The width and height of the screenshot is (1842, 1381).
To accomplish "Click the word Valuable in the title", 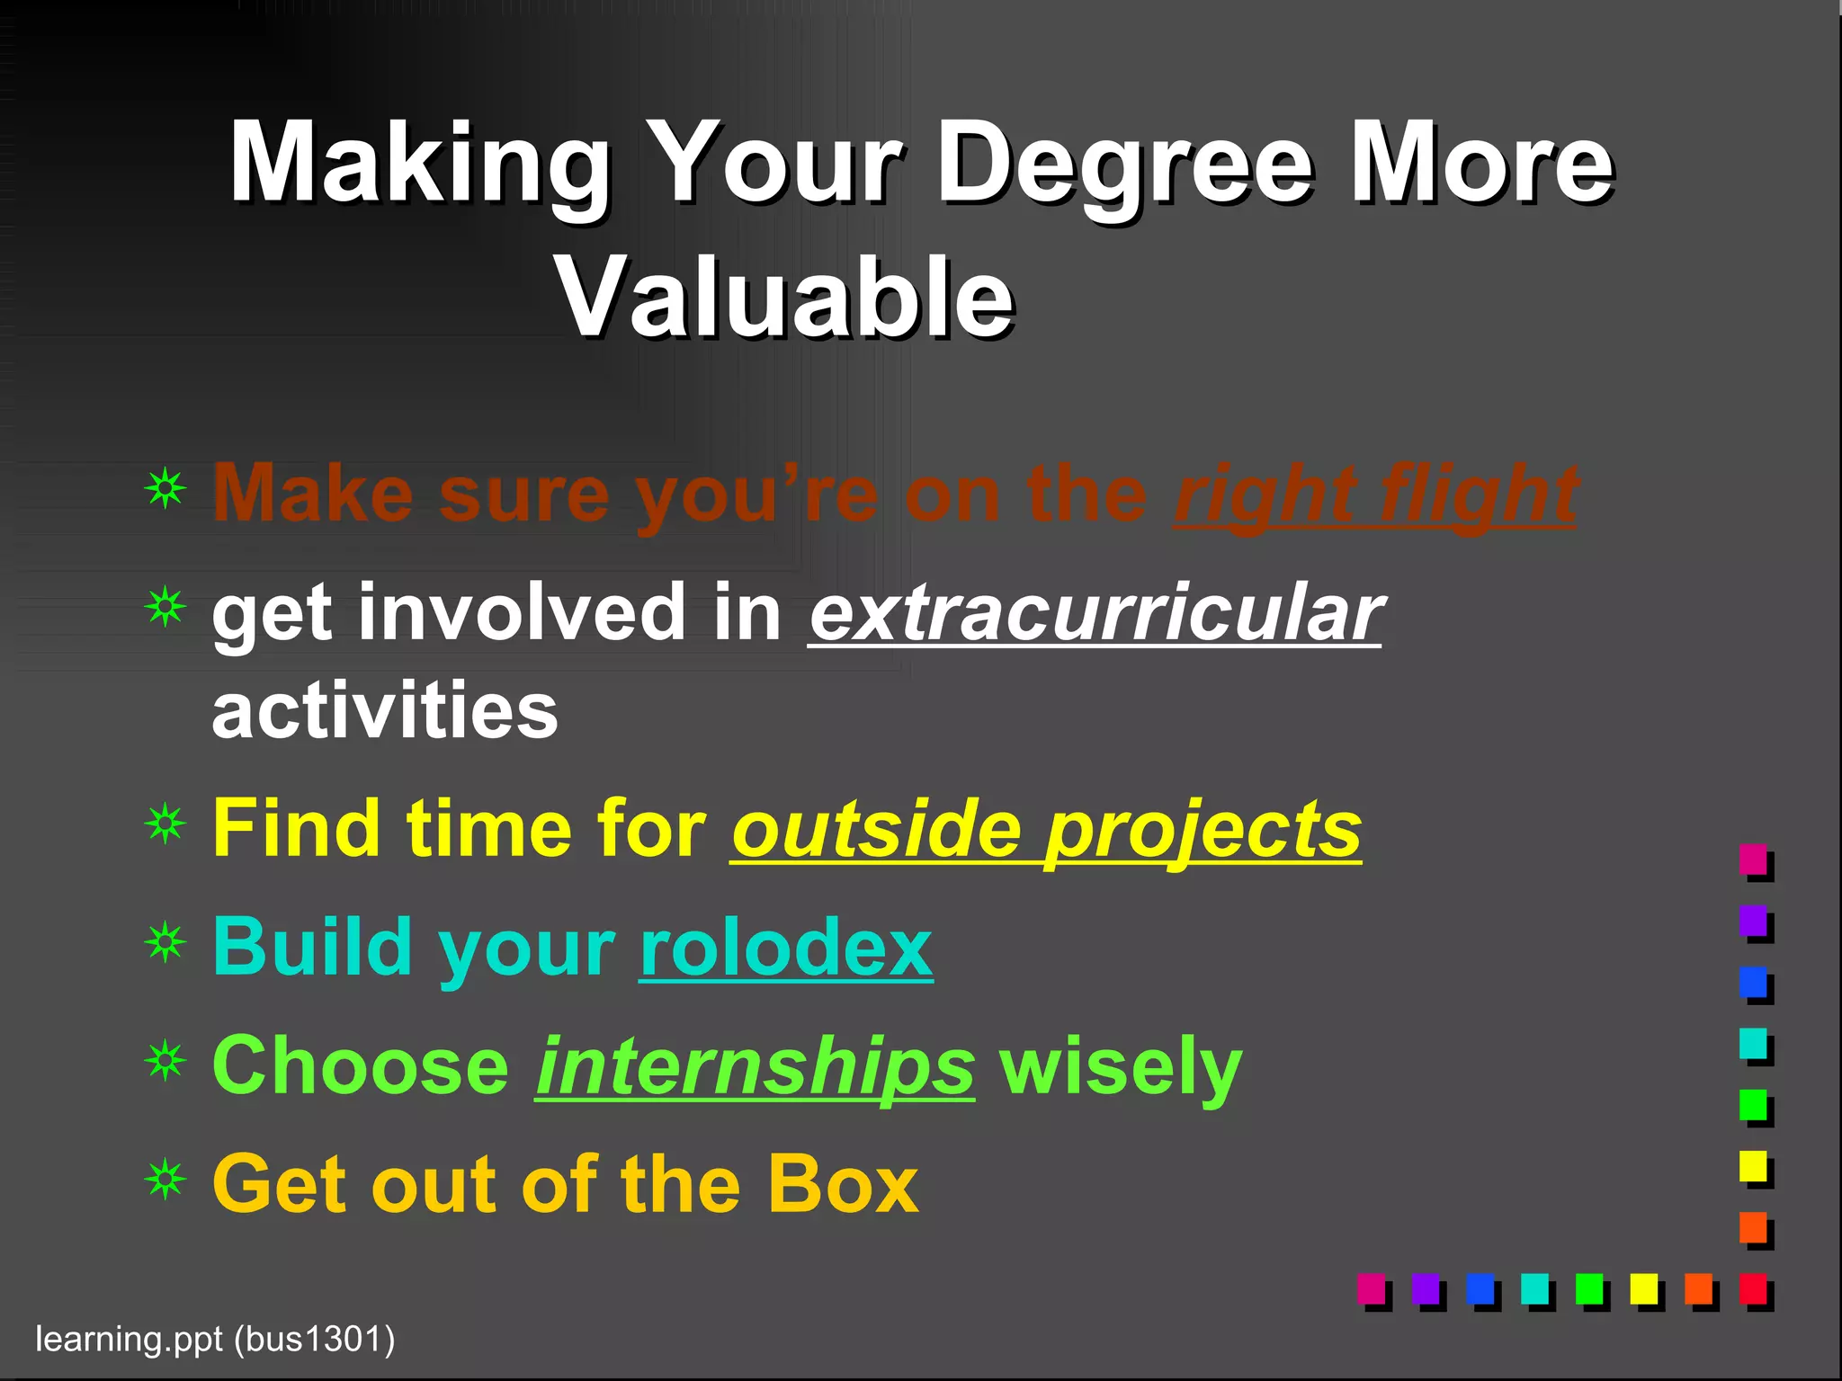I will pos(785,297).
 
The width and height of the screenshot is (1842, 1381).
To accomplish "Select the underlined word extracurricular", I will pos(1095,613).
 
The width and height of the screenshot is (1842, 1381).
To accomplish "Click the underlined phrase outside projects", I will pos(1046,829).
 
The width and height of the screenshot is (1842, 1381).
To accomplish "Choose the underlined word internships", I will pos(755,1066).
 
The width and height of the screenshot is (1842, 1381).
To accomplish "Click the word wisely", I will pos(1121,1066).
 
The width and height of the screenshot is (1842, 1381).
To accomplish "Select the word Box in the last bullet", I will pos(842,1185).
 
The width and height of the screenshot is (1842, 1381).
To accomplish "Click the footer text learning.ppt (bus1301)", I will pos(215,1339).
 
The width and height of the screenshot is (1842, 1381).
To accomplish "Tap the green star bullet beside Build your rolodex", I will pos(165,942).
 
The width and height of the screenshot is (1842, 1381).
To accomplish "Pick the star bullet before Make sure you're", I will pos(165,488).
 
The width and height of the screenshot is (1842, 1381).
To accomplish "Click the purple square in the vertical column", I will pos(1753,921).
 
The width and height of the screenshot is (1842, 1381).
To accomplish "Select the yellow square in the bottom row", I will pos(1643,1288).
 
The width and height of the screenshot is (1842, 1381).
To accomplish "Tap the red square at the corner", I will pos(1753,1288).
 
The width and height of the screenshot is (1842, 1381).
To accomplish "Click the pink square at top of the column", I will pos(1753,860).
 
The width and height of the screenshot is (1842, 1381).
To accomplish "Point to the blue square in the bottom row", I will pos(1480,1288).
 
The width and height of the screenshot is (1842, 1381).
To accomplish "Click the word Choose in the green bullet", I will pos(361,1066).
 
